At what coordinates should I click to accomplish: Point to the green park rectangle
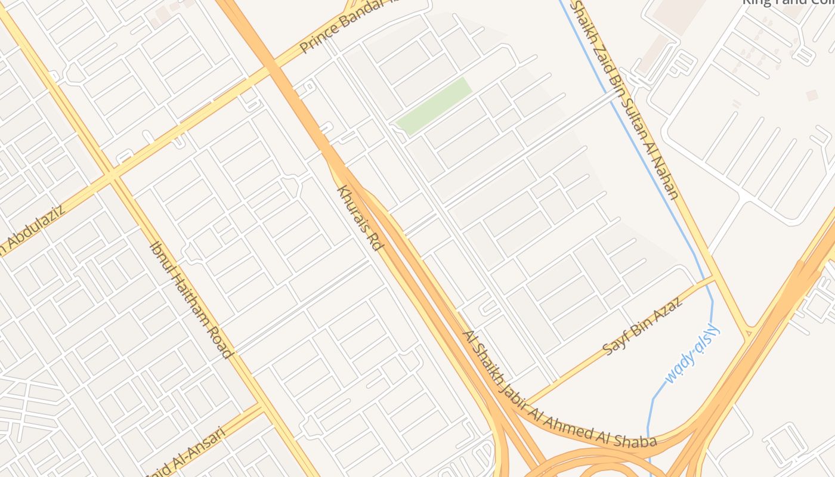[x=434, y=106]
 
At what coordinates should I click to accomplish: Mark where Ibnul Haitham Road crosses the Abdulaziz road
[x=113, y=176]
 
